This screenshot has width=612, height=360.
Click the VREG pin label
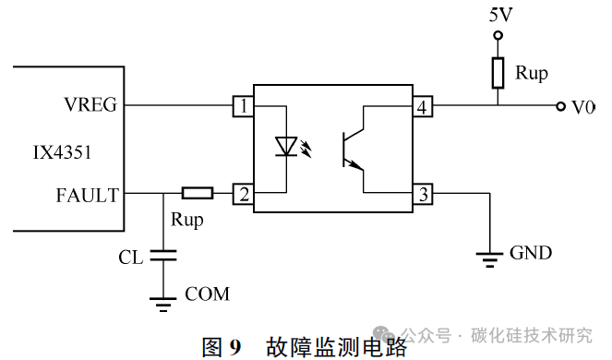point(90,105)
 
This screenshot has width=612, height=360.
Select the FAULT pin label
point(87,194)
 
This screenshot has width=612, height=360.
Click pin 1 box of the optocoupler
point(243,107)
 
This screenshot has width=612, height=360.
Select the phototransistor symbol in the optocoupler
point(354,149)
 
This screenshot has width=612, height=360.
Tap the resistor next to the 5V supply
point(498,73)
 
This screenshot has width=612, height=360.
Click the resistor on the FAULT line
point(197,193)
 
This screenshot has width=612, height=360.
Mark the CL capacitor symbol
point(164,257)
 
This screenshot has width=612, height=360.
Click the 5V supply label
point(498,15)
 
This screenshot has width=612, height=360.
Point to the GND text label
point(531,252)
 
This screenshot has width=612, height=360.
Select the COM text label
point(207,294)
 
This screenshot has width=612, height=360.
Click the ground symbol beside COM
point(164,300)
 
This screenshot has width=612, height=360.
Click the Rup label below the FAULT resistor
point(187,222)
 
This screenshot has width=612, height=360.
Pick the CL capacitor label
point(130,258)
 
